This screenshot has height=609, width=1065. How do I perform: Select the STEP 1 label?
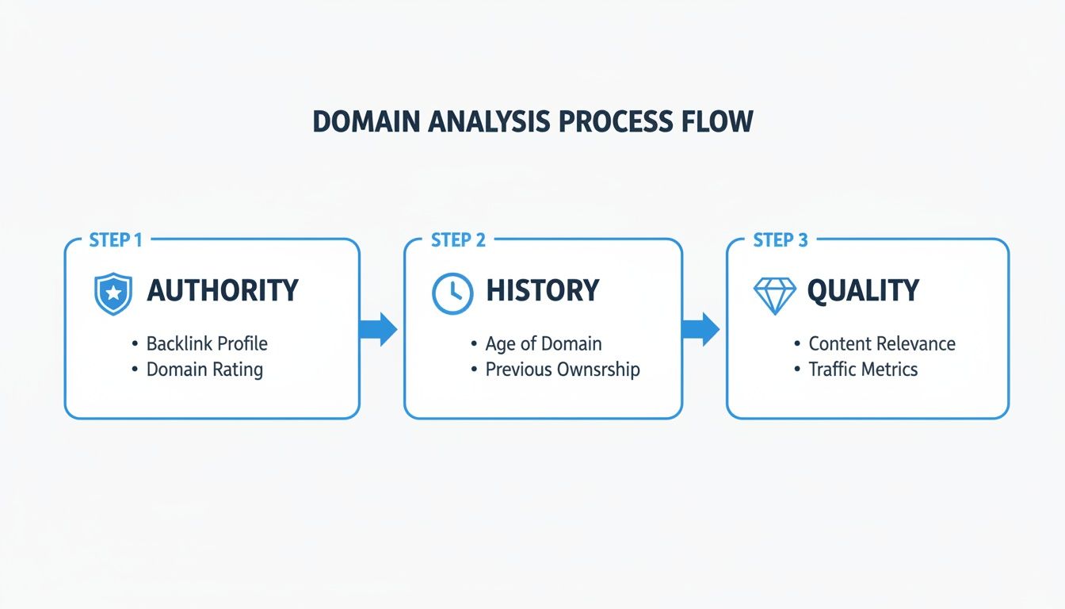116,240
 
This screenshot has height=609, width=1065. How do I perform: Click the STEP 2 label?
457,240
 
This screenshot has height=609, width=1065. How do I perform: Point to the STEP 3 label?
780,240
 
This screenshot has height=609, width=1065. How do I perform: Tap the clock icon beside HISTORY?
452,292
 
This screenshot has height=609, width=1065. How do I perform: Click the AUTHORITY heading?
223,291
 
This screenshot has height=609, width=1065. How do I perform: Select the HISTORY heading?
542,291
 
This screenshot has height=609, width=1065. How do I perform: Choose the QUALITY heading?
862,291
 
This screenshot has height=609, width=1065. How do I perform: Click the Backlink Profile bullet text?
207,343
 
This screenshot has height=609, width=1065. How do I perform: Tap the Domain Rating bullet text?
204,369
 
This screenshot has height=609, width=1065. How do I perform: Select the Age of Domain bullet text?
544,343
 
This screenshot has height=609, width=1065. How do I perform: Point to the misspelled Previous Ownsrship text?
563,369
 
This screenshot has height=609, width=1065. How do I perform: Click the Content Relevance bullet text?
881,343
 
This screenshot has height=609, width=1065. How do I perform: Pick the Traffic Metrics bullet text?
863,369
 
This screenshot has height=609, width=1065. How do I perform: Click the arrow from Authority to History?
379,329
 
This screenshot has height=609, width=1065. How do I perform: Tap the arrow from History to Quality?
700,329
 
